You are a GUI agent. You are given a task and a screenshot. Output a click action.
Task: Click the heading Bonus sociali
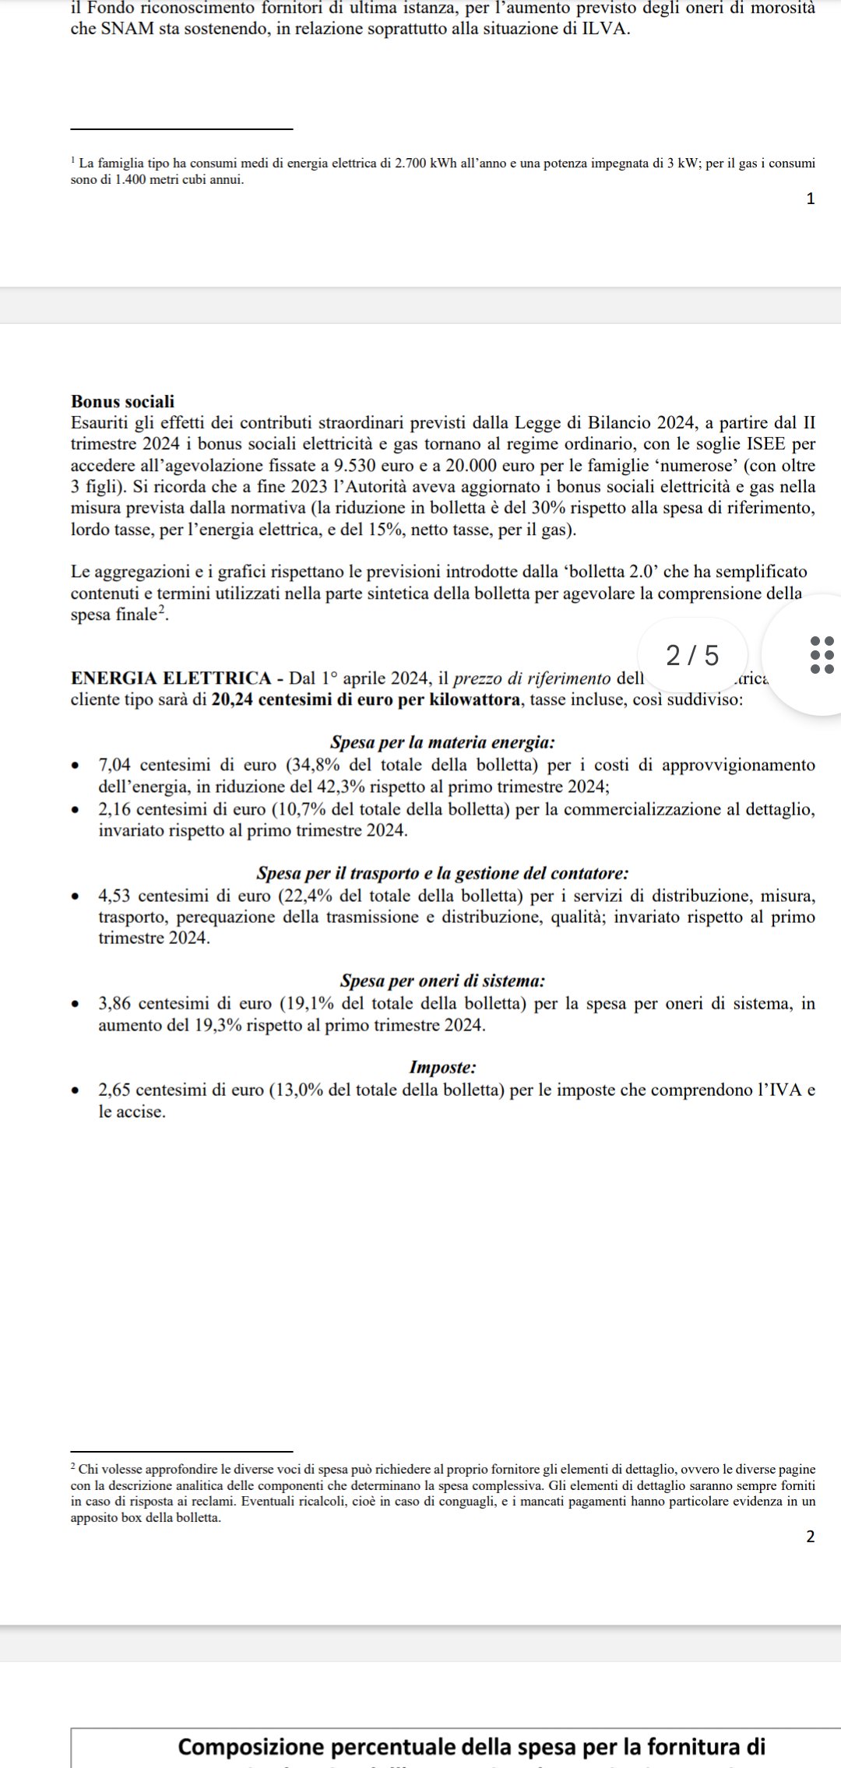coord(122,402)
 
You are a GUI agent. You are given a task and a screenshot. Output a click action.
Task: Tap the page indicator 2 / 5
coord(692,656)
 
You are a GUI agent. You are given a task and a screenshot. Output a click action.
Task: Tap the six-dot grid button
coord(822,654)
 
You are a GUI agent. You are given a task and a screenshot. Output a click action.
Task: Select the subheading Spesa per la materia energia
coord(442,742)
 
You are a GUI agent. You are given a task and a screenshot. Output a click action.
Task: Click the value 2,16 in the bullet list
coord(115,809)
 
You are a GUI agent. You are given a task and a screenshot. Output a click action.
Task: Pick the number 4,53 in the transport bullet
coord(115,896)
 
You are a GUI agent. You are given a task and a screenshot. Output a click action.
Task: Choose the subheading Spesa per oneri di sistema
coord(442,981)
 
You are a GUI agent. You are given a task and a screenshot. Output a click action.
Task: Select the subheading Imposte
coord(442,1068)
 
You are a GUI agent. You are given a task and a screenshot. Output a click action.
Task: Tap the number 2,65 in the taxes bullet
coord(115,1090)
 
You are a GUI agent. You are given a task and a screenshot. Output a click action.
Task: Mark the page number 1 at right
coord(811,199)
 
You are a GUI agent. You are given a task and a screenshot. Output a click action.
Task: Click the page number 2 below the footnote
coord(811,1537)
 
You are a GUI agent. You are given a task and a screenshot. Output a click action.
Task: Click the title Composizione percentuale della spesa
coord(472,1747)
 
